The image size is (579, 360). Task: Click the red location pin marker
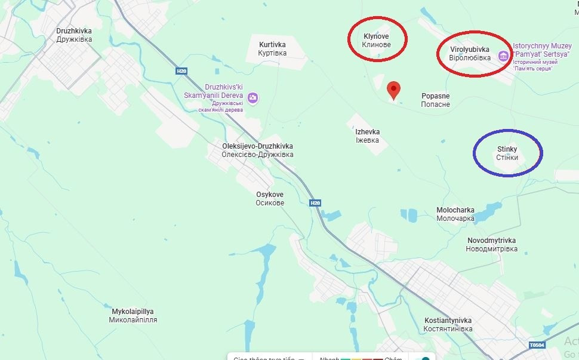(393, 90)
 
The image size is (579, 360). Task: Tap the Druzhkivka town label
(74, 35)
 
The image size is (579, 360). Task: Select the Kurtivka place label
(272, 49)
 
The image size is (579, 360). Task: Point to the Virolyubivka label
(469, 54)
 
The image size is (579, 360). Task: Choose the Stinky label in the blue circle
(507, 153)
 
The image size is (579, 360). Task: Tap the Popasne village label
(435, 100)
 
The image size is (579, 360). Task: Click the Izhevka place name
(367, 136)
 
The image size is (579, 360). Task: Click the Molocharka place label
(455, 214)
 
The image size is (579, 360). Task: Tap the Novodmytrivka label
(492, 244)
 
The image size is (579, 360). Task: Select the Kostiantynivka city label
(448, 325)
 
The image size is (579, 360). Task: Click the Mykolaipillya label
(133, 316)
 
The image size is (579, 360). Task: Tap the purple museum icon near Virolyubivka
(503, 56)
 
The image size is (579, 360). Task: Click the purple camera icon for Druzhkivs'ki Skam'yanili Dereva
(253, 97)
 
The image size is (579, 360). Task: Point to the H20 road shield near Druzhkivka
(181, 71)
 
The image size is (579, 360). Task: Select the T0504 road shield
(537, 345)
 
